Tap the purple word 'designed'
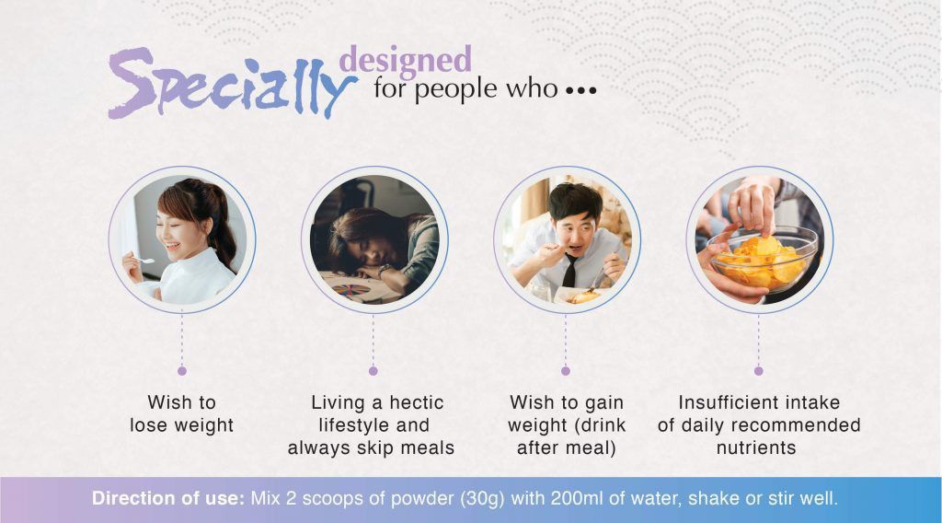click(405, 60)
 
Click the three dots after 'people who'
click(581, 91)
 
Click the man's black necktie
click(570, 271)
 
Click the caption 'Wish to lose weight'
click(182, 414)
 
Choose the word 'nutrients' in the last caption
click(756, 448)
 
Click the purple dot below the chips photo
click(759, 371)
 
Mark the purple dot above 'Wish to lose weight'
click(182, 371)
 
